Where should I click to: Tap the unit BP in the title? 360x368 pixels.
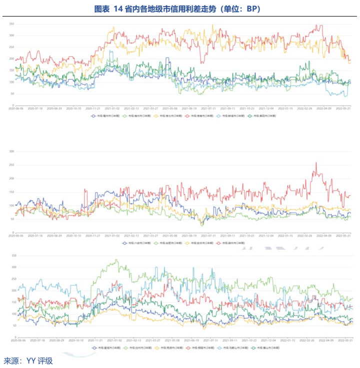pyautogui.click(x=252, y=9)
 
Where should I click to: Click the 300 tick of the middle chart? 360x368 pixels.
pyautogui.click(x=11, y=151)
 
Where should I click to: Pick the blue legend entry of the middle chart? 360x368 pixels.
pyautogui.click(x=135, y=243)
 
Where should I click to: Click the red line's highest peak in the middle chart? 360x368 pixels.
pyautogui.click(x=316, y=163)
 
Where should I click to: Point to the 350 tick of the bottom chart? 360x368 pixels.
pyautogui.click(x=11, y=255)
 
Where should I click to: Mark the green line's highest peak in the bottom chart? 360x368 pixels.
pyautogui.click(x=116, y=260)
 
